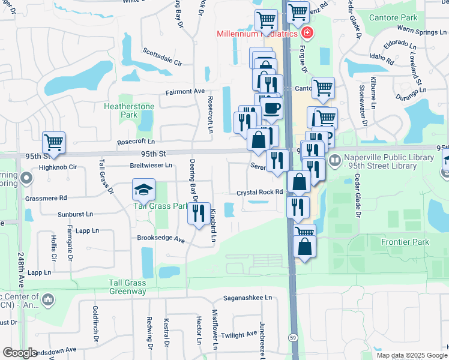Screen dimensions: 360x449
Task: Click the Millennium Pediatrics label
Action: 257,34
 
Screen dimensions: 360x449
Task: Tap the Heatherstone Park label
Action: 129,110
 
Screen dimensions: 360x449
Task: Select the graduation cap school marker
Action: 143,190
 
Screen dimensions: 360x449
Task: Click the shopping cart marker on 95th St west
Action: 53,143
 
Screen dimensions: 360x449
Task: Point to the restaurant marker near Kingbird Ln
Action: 199,213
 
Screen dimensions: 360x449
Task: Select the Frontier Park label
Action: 406,242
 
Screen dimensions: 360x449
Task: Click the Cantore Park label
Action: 393,18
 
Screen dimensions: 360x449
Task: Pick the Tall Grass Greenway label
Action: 127,287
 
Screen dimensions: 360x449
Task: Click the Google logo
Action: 20,352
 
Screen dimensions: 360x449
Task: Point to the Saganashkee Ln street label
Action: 248,298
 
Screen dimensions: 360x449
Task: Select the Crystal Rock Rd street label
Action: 259,192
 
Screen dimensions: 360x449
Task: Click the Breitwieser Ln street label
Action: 151,165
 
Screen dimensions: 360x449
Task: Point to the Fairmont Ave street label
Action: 185,92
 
